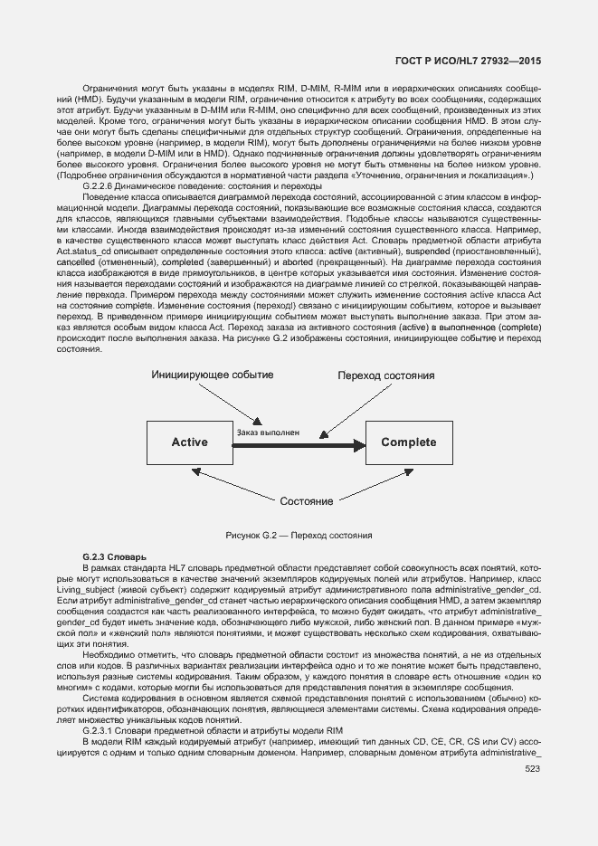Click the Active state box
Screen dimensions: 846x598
pos(190,442)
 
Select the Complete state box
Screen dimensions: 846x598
pos(408,442)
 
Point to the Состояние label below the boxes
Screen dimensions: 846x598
pos(306,501)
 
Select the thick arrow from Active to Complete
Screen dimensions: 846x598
pos(299,444)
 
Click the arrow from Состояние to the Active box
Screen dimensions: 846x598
pos(235,483)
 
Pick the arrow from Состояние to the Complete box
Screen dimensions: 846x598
pos(371,484)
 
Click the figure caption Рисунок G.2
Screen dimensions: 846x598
pos(299,536)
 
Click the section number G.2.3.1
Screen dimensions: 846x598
pos(97,730)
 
